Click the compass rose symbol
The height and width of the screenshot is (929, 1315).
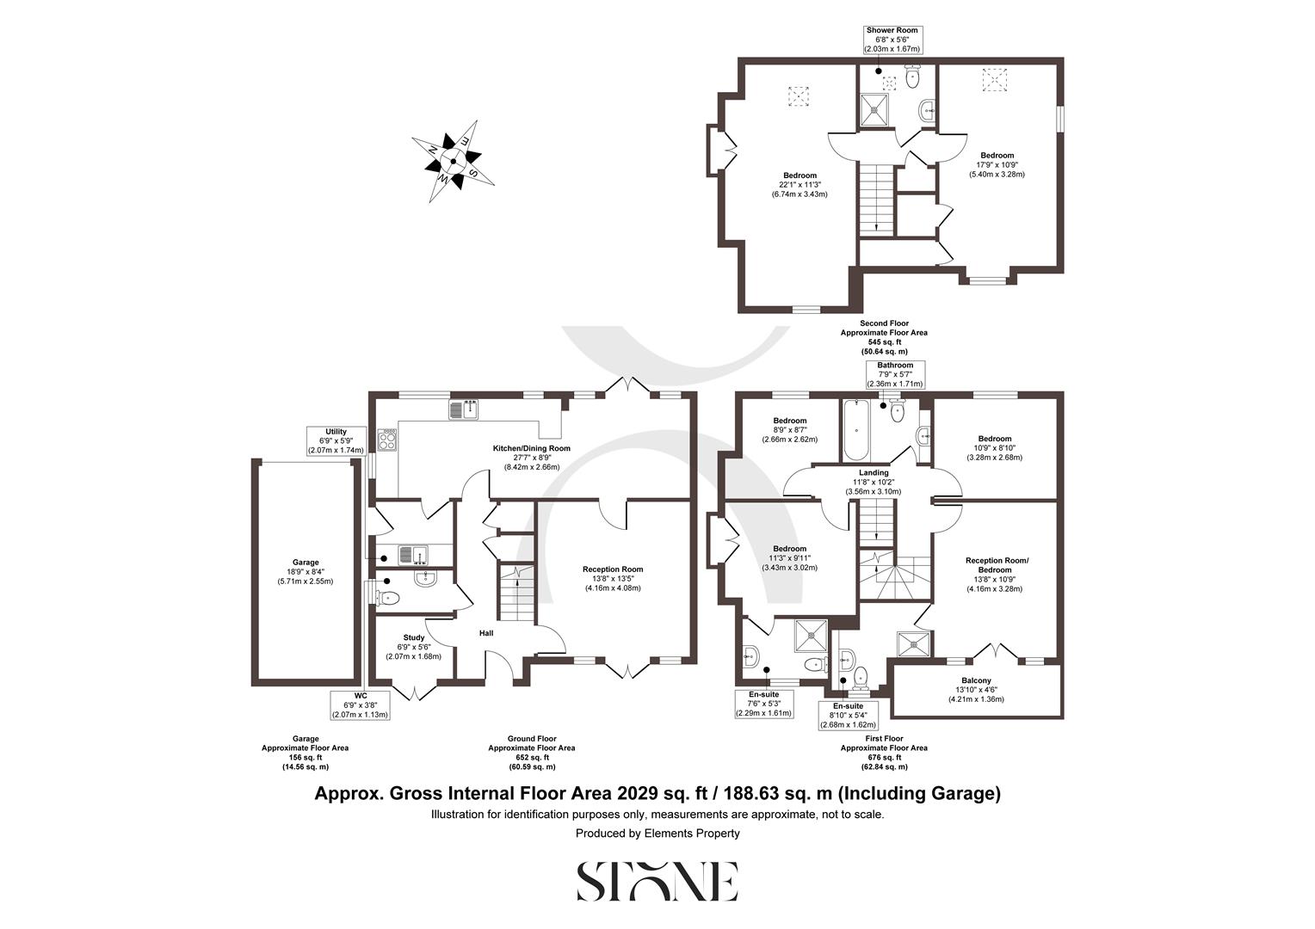pos(454,160)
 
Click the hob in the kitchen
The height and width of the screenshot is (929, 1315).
pos(388,440)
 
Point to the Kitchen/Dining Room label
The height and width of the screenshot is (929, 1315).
pos(531,448)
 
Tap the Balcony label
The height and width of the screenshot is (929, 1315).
pos(976,680)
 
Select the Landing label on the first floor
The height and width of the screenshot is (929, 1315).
pos(874,472)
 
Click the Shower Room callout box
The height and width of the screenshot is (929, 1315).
pos(892,40)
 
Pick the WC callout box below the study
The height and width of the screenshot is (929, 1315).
pos(361,704)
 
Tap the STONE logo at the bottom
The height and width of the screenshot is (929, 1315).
pos(657,882)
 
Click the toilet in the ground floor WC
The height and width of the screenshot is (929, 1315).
pos(386,598)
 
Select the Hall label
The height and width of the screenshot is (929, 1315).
pos(486,634)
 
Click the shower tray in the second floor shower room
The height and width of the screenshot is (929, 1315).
pos(876,109)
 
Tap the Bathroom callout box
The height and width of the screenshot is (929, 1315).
pos(895,374)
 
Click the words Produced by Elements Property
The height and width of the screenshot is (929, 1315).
pos(657,833)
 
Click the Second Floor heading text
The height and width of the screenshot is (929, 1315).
pos(884,323)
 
